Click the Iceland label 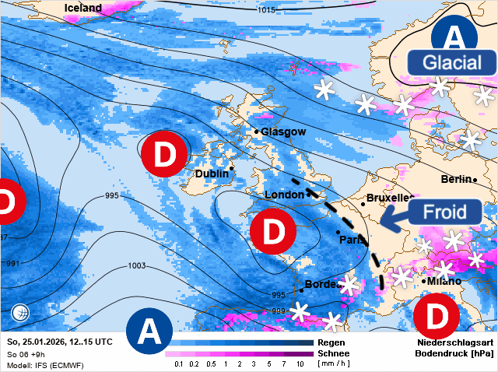[x=83, y=8]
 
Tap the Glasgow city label [x=283, y=132]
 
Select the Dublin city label [x=212, y=174]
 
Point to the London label [x=284, y=194]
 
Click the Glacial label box [x=453, y=63]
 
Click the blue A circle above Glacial [x=457, y=35]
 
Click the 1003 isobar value [x=136, y=266]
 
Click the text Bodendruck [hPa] [x=455, y=353]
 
